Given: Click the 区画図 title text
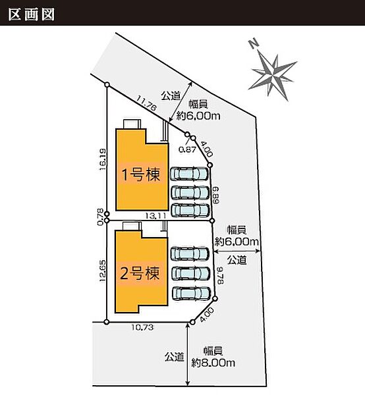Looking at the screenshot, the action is pos(31,14).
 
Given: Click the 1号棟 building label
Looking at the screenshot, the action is pos(141,174).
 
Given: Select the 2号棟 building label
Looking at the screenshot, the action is pos(140,273).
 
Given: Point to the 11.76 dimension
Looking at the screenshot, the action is pos(146,103).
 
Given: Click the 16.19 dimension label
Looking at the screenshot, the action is pos(102,159).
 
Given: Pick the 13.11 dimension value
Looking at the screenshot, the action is pos(155,216).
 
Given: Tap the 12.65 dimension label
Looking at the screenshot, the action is pos(102,271).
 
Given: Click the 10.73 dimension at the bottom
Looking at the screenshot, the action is pos(142,327).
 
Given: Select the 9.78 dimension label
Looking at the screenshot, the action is pos(220,275).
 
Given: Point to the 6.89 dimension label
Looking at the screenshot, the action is pos(216,195).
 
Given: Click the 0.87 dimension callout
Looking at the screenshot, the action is pos(187,149).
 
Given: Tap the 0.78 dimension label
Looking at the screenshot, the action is pos(100,217).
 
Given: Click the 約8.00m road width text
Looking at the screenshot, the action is pos(213,363).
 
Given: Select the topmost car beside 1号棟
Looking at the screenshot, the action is pos(190,174).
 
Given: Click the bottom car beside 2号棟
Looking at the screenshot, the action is pos(192,294).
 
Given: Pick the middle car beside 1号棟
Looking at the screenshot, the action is pos(190,192).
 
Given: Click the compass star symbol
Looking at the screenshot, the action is pos(273,74).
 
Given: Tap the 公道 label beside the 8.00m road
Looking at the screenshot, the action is pos(174,357).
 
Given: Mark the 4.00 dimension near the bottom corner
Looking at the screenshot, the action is pos(207,315).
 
